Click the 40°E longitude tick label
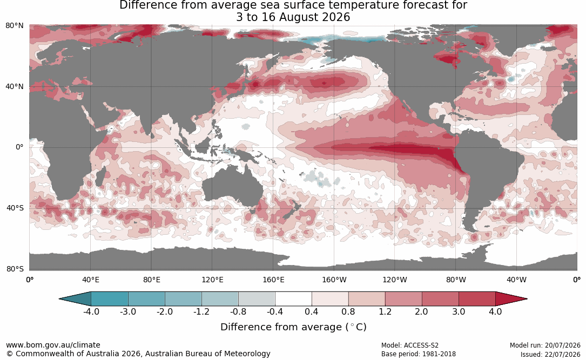click(90, 280)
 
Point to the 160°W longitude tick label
click(334, 280)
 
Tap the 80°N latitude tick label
click(15, 25)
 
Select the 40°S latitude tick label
click(15, 208)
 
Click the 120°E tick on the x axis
click(212, 280)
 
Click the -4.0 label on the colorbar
click(91, 311)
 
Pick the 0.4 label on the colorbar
click(312, 311)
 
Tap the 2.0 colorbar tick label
click(421, 311)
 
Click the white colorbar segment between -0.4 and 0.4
click(293, 299)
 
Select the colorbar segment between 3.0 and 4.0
click(477, 299)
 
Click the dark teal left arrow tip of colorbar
click(60, 299)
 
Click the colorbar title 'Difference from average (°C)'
click(293, 327)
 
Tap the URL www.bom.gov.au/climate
click(53, 345)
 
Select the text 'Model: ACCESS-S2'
click(410, 345)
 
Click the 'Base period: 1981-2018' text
click(419, 354)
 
